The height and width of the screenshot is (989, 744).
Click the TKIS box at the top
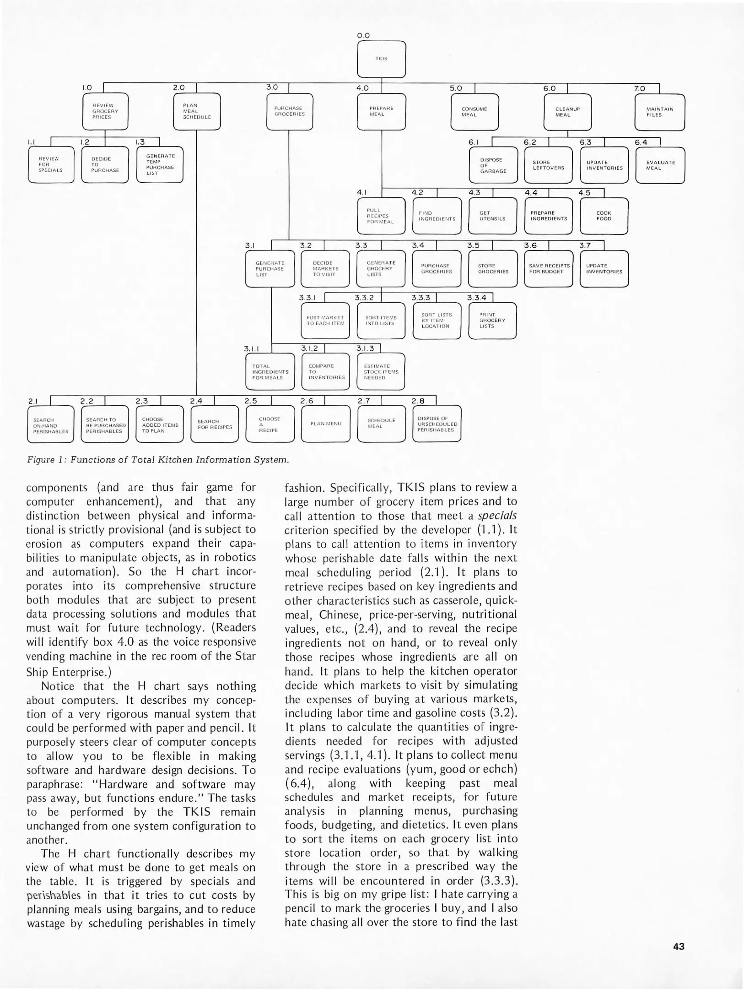click(381, 59)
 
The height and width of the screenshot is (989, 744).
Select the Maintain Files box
click(659, 112)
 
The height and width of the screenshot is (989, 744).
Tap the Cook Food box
click(604, 216)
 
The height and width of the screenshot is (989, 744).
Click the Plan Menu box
click(325, 424)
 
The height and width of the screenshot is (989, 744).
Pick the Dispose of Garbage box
click(493, 165)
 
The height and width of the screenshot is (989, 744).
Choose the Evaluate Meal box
click(660, 165)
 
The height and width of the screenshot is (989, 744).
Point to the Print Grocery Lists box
click(492, 321)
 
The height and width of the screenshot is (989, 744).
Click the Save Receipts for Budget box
click(549, 269)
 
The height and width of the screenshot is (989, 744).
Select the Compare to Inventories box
click(325, 372)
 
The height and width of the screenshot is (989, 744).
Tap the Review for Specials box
click(50, 164)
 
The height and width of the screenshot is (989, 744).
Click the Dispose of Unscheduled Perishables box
click(437, 424)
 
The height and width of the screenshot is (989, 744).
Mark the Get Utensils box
click(492, 216)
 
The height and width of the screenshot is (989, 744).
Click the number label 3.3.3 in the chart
click(421, 298)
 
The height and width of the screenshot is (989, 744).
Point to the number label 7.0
click(639, 88)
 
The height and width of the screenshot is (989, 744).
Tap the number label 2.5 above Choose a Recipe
click(250, 401)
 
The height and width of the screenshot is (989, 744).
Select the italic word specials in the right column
click(497, 516)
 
